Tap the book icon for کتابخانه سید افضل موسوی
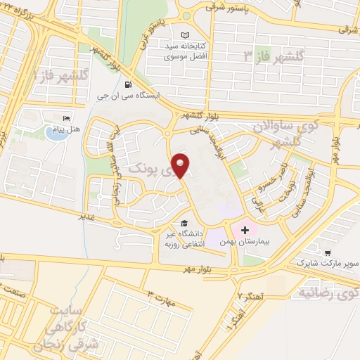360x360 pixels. point(185,36)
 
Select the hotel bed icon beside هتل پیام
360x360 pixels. point(67,118)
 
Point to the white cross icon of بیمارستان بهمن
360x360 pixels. point(245,230)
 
